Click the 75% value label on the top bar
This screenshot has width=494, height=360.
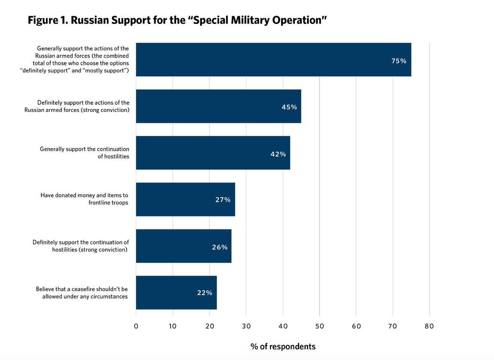point(399,60)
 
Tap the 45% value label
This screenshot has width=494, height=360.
point(289,107)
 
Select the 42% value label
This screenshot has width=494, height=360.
point(278,154)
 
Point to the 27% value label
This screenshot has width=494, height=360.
point(223,200)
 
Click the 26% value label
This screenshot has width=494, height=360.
point(219,247)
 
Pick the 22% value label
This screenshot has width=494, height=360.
point(204,293)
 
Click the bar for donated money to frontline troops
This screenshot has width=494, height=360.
point(185,200)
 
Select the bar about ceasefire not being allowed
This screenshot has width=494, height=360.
point(176,293)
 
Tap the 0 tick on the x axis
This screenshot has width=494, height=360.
point(136,326)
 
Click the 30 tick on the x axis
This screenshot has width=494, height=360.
point(246,326)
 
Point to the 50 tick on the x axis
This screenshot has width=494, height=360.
point(320,326)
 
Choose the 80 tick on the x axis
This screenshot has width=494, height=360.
point(429,326)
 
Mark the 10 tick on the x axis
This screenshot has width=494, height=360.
point(173,326)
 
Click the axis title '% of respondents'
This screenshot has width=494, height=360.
point(283,347)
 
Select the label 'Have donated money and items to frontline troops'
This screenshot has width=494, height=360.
point(84,199)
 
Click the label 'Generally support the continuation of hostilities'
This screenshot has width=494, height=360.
point(84,152)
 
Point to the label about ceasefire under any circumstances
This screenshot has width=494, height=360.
point(82,292)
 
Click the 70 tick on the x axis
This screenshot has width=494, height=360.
point(393,326)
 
